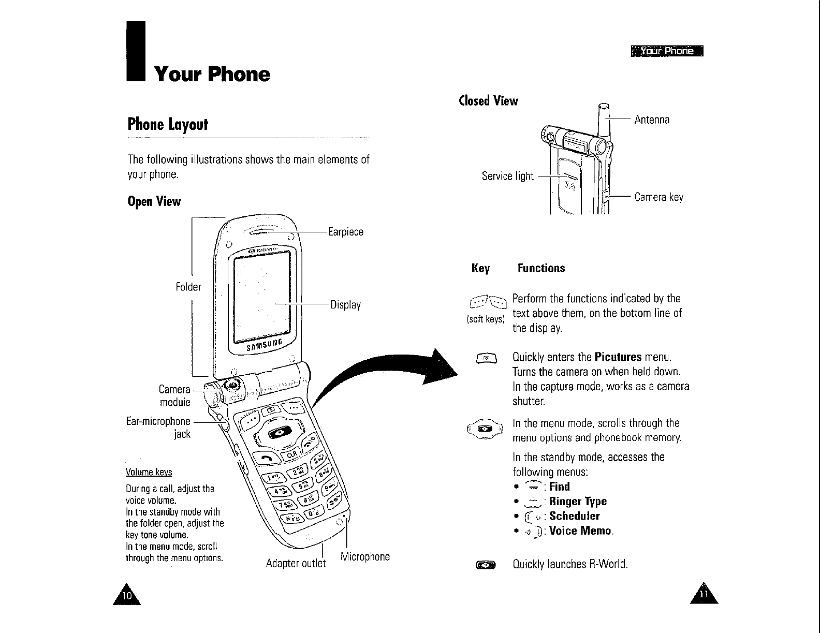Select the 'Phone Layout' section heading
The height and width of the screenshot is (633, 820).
coord(167,124)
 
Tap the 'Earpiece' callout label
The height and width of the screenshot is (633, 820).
coord(346,232)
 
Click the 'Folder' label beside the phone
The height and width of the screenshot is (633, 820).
coord(188,287)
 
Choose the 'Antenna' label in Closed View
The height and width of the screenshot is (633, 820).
coord(652,120)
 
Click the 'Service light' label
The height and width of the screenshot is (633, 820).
coord(507,176)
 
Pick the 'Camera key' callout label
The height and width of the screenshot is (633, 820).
coord(659,197)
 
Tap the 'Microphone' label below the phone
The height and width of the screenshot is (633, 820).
coord(365,557)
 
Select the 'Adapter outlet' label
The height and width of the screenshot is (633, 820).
coord(296,563)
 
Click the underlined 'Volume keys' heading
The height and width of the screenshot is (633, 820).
coord(149,473)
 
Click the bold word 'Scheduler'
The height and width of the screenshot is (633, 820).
coord(575,516)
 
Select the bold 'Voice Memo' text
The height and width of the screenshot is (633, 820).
coord(581,531)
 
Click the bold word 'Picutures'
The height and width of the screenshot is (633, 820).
coord(618,358)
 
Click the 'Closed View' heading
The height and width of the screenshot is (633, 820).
coord(489,101)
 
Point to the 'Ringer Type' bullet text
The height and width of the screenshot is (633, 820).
coord(578,501)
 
